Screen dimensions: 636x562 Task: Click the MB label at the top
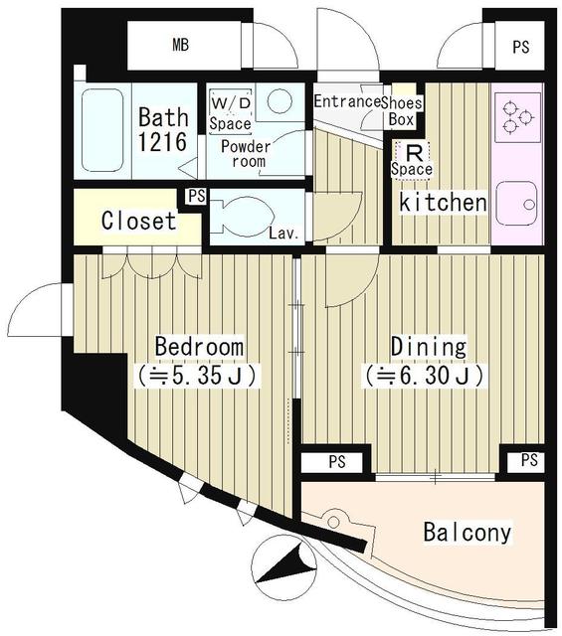(180, 45)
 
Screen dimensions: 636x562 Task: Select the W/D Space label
(230, 111)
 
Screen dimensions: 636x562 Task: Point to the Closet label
(138, 221)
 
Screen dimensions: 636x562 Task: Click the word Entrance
(348, 101)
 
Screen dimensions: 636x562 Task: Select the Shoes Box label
(403, 109)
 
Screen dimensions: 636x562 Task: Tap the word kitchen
(443, 203)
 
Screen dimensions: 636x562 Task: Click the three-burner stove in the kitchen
(515, 116)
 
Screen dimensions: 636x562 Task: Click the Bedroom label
(199, 347)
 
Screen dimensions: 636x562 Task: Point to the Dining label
(428, 347)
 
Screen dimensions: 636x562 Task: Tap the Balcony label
(468, 533)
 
